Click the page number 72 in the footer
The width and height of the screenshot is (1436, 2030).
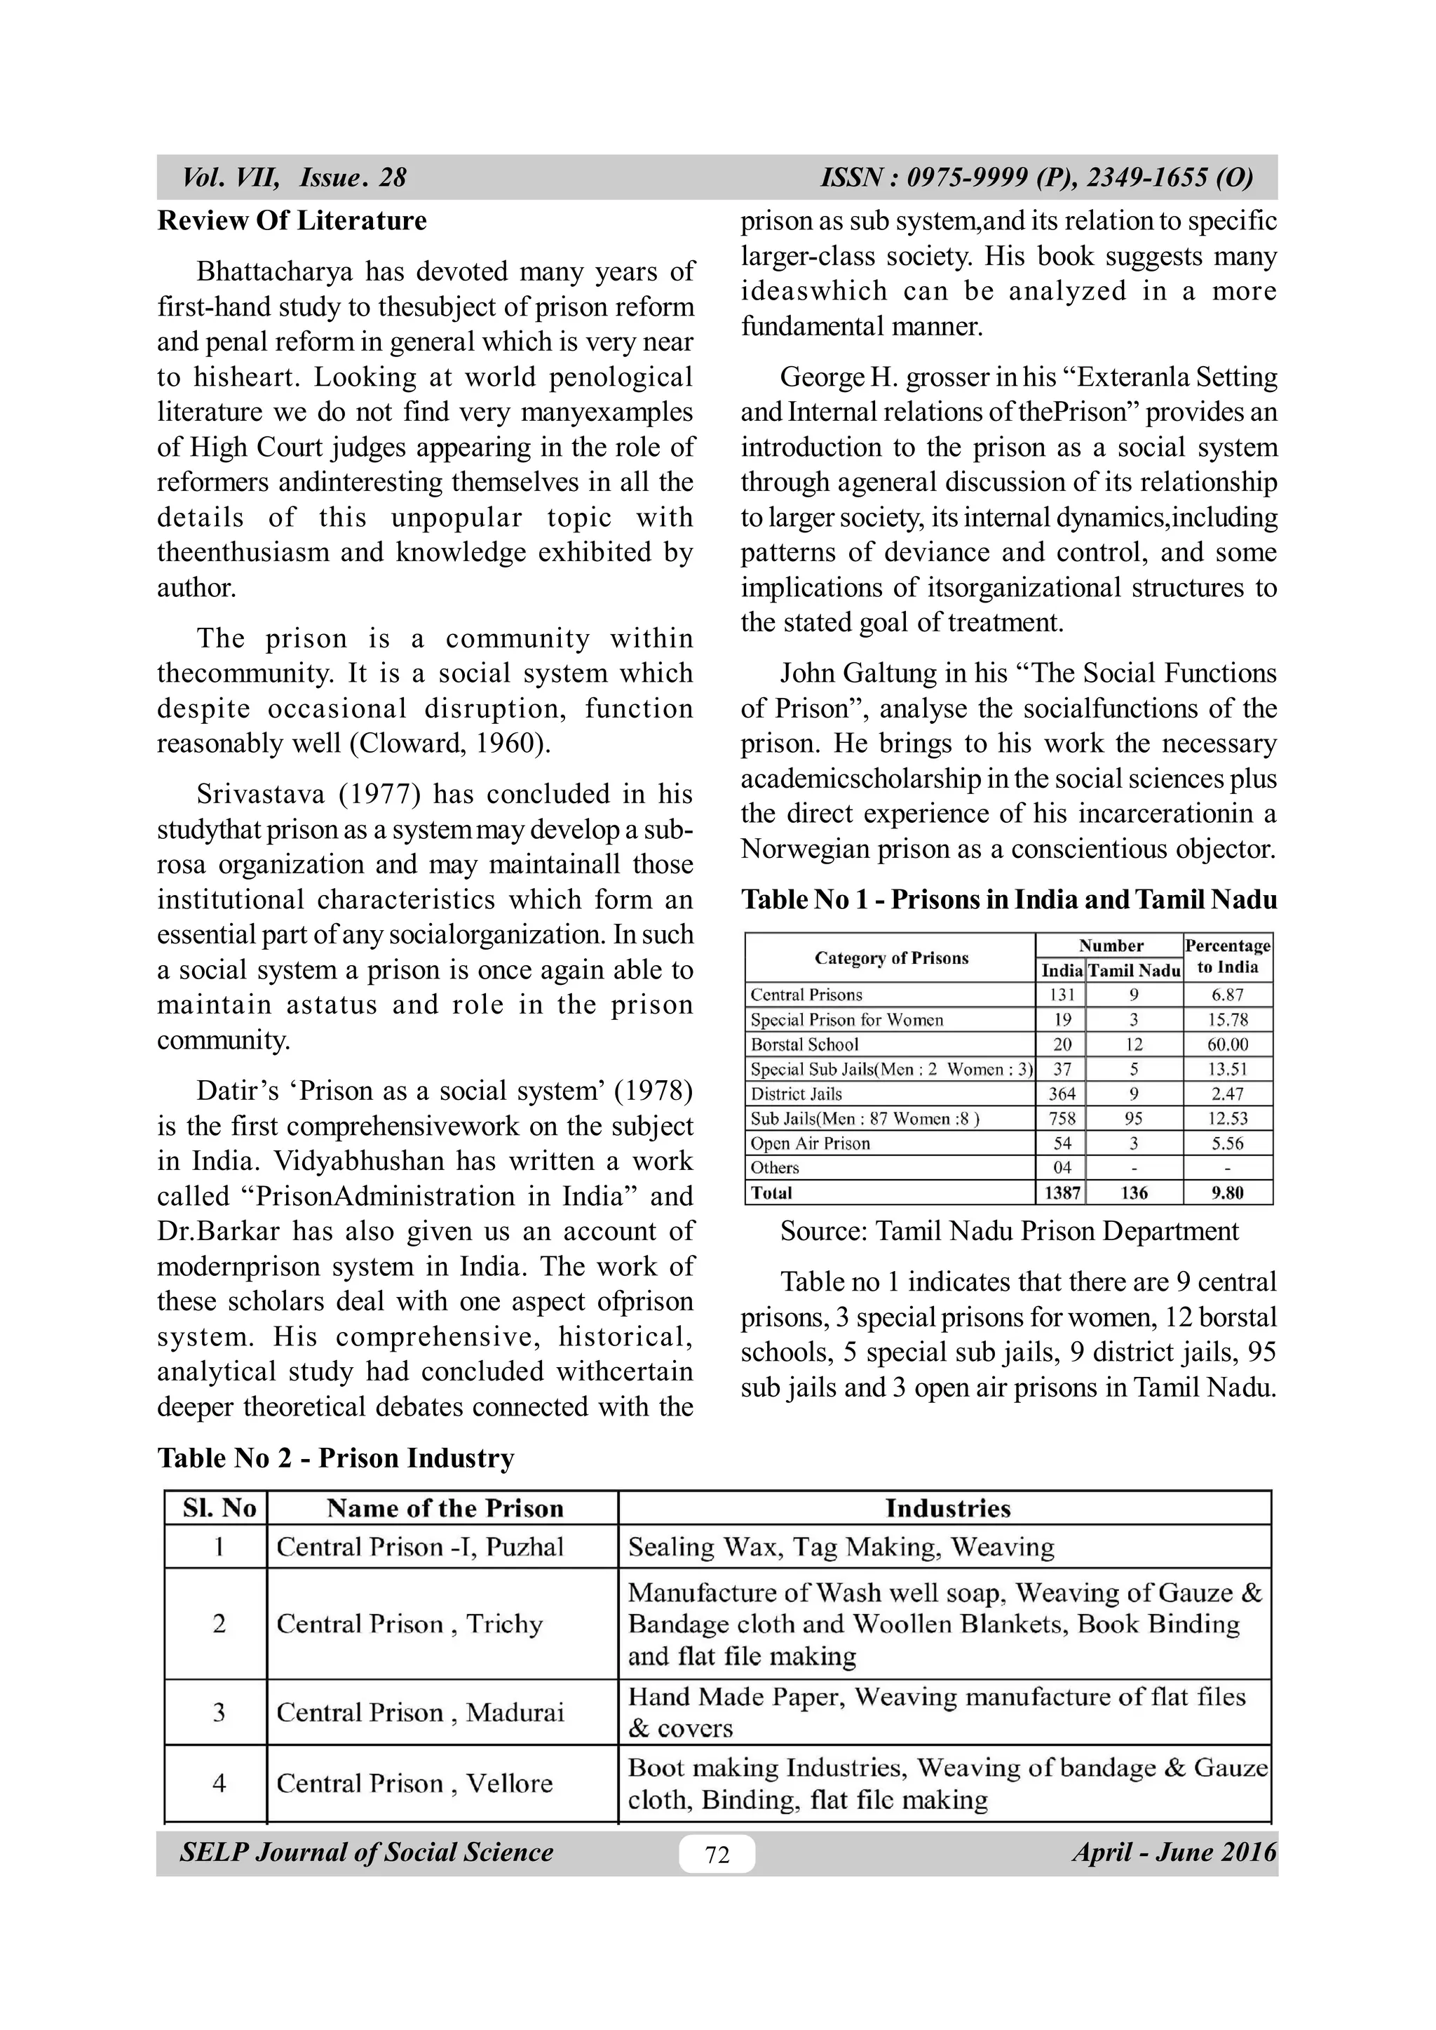(717, 1854)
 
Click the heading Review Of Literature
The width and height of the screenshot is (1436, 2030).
(292, 220)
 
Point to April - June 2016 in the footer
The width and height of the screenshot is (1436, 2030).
(1174, 1853)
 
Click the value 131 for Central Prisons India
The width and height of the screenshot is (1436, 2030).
(1061, 994)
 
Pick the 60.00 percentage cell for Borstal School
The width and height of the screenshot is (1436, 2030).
(1227, 1044)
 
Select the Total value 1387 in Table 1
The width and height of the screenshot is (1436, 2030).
(1061, 1192)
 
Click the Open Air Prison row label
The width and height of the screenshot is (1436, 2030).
(810, 1143)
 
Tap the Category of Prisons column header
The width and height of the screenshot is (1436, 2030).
(890, 958)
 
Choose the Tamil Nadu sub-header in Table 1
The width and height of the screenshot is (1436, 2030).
(1134, 970)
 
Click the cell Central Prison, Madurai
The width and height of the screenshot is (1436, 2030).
(421, 1712)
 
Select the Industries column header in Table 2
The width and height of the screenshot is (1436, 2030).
(947, 1508)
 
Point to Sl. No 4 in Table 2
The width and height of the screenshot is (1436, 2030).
(218, 1783)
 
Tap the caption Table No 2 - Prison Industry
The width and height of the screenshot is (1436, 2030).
(336, 1458)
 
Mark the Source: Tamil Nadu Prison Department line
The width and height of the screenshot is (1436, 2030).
(1009, 1231)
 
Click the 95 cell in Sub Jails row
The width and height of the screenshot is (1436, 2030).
(1134, 1118)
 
